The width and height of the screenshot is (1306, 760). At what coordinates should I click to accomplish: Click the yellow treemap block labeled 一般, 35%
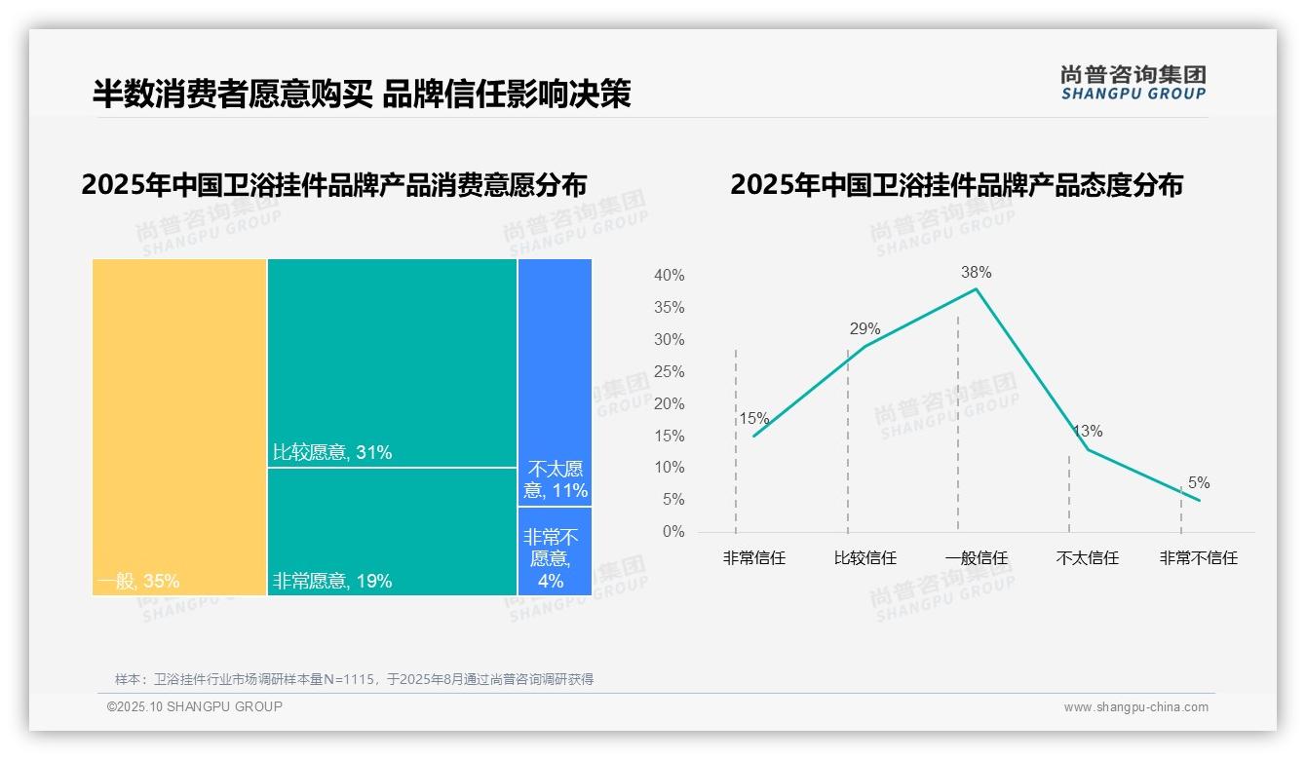(179, 427)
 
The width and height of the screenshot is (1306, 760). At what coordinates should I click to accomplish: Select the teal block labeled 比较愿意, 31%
(392, 362)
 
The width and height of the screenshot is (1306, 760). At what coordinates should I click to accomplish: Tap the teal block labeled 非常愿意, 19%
(392, 531)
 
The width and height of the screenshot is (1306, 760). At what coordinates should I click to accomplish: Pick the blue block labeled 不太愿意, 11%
(555, 382)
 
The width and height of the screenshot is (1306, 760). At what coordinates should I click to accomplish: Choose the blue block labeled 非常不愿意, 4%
(555, 551)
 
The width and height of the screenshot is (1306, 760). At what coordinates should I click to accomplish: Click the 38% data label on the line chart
(976, 273)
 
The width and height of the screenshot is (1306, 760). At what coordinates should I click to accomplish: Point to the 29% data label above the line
(864, 329)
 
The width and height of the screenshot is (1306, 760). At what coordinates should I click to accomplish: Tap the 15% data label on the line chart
(753, 419)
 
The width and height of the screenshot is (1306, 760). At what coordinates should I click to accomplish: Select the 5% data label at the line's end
(1199, 483)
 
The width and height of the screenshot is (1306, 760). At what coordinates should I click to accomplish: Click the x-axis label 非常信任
(753, 558)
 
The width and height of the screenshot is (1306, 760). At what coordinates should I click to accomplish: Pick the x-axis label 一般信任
(976, 558)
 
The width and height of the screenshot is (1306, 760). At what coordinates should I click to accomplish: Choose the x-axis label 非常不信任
(1198, 558)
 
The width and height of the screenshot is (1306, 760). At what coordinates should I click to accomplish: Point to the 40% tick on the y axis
(669, 276)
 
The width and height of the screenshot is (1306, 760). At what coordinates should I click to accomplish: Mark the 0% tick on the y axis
(673, 532)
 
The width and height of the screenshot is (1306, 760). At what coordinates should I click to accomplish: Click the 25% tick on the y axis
(669, 372)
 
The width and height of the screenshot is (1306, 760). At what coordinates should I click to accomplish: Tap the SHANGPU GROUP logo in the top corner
(1133, 83)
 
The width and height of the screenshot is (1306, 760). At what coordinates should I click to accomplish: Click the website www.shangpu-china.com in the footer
(1135, 707)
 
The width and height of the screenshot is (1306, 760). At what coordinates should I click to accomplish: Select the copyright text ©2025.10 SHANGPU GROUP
(195, 706)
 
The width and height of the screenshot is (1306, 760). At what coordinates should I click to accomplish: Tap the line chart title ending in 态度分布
(956, 185)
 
